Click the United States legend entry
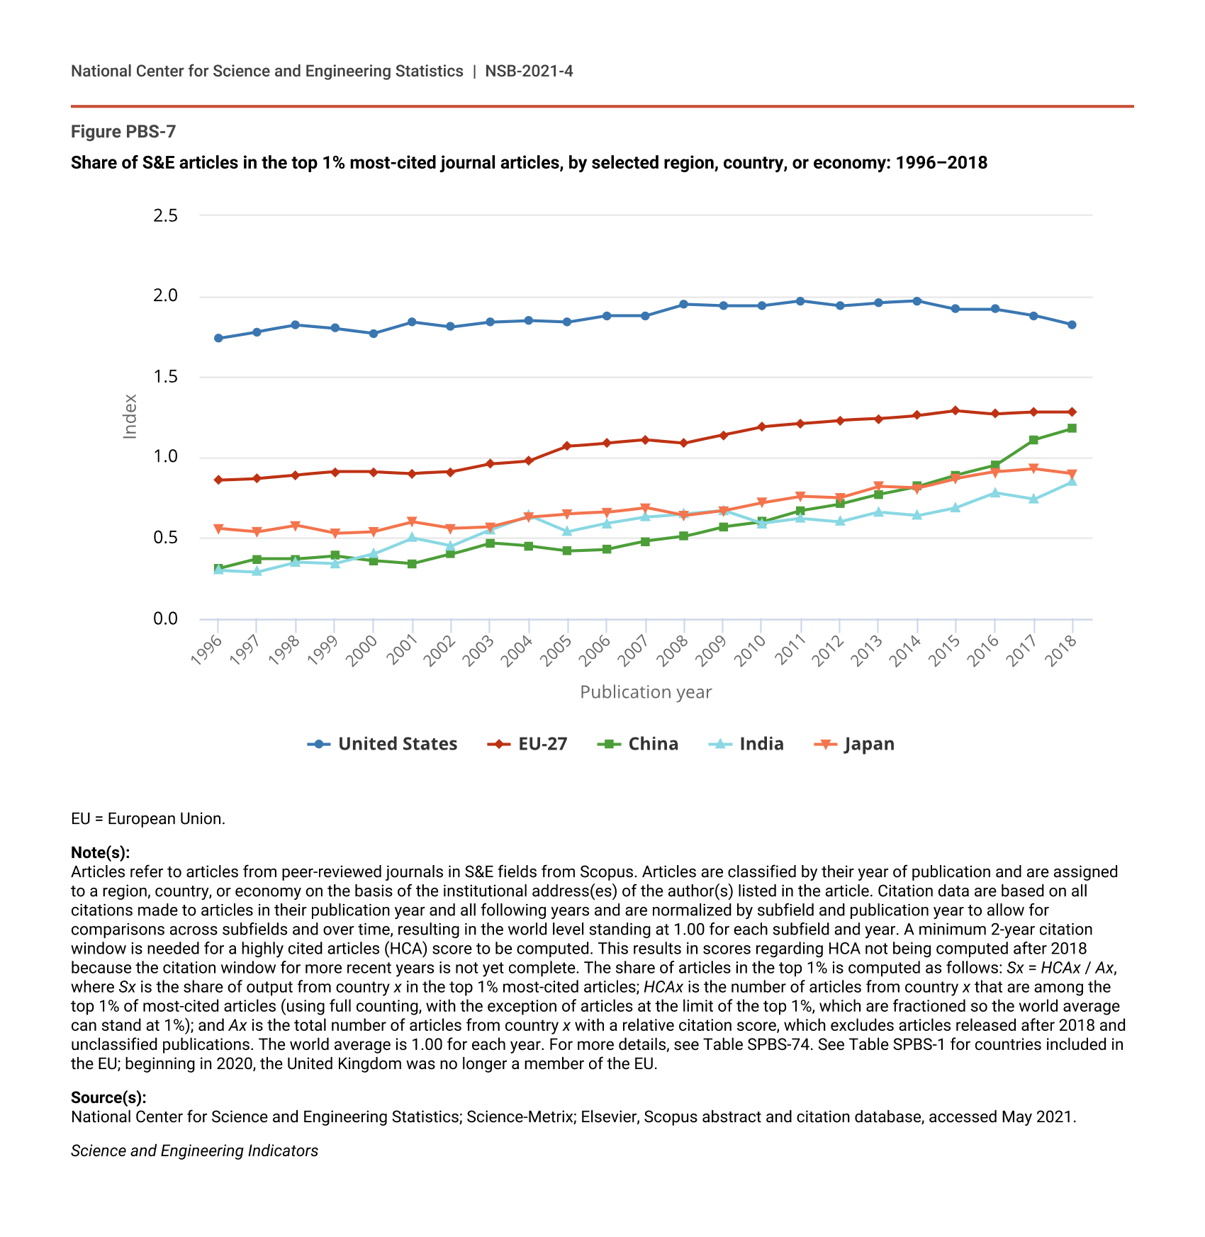pos(383,744)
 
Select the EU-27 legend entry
pos(528,744)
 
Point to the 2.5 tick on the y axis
pos(165,215)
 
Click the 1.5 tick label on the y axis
pos(165,377)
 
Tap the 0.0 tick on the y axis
pos(165,619)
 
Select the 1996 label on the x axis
pos(207,649)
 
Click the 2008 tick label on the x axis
pos(673,649)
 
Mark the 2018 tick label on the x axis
pos(1061,649)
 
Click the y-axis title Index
pos(130,417)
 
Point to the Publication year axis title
pos(646,692)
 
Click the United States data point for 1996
pos(218,338)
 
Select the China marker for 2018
pos(1072,429)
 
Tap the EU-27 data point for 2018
pos(1072,412)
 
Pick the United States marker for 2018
pos(1072,324)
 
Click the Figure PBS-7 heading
pos(123,132)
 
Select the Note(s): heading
pos(100,852)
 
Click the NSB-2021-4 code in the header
pos(529,71)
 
